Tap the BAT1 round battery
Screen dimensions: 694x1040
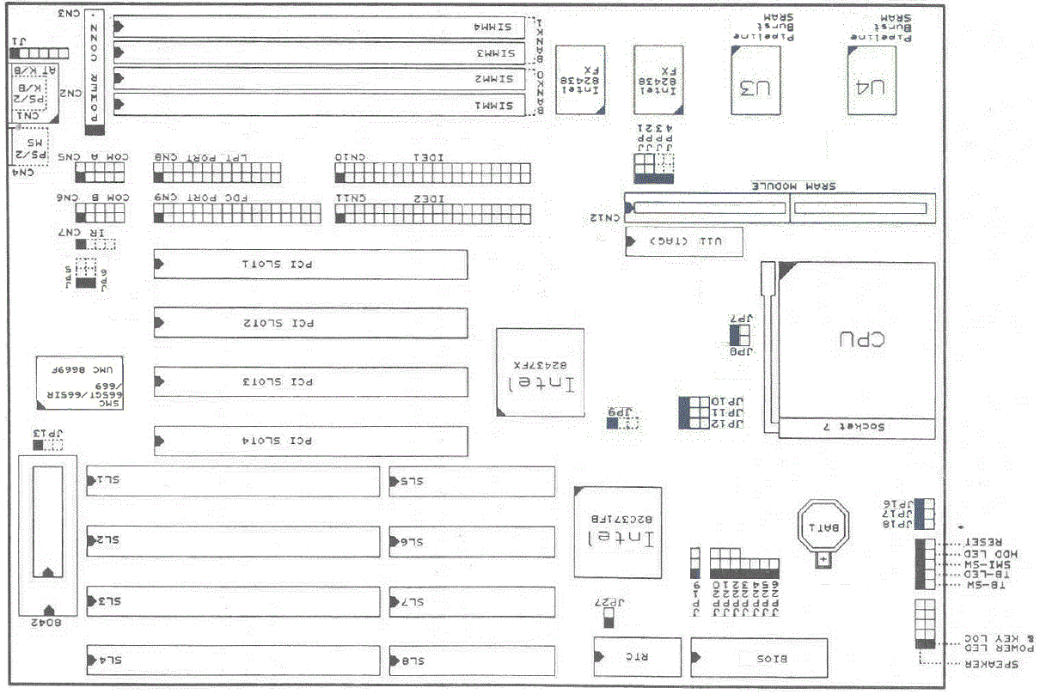point(823,526)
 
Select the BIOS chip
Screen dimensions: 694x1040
point(759,659)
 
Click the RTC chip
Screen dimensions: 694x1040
point(637,659)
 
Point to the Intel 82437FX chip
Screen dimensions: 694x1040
point(541,373)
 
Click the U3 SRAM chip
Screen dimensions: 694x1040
point(756,81)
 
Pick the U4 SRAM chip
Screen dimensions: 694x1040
point(872,81)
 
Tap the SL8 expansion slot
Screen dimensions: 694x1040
point(472,660)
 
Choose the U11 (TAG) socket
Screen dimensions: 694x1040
point(684,242)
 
